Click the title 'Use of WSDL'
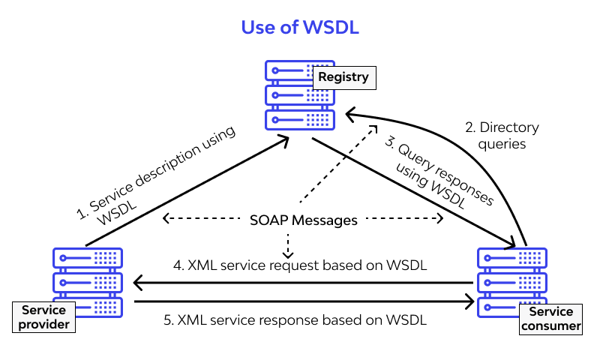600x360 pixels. (x=300, y=28)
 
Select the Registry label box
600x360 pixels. (x=343, y=77)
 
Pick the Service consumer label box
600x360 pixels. (x=551, y=319)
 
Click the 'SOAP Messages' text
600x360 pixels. (x=303, y=220)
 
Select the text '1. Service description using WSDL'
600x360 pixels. (x=157, y=177)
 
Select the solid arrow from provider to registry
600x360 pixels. (x=187, y=191)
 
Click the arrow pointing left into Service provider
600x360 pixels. (x=300, y=283)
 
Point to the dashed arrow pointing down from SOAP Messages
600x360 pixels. (x=288, y=243)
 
